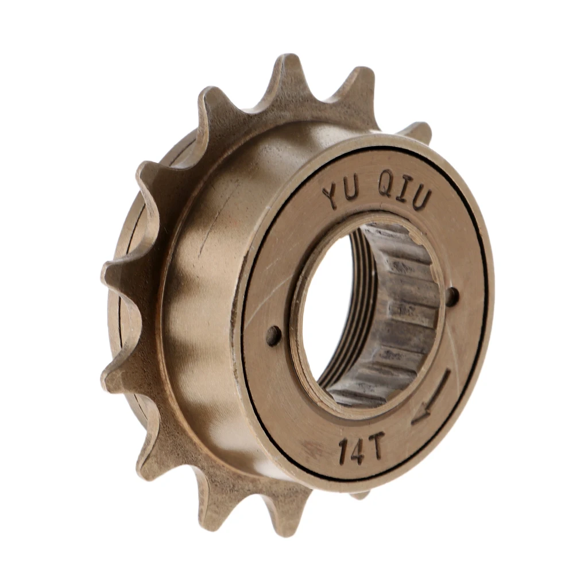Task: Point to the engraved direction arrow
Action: point(431,397)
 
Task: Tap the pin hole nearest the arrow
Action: point(452,296)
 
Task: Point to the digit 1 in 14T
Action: point(343,452)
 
